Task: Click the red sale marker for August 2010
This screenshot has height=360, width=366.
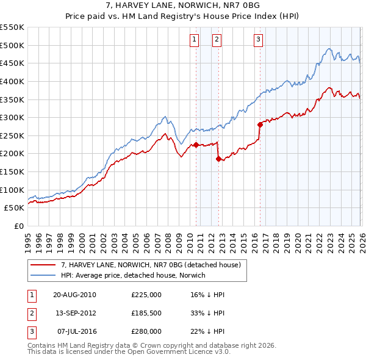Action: tap(196, 145)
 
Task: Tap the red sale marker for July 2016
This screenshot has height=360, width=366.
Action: tap(260, 124)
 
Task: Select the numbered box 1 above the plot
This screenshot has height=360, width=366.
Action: tap(194, 40)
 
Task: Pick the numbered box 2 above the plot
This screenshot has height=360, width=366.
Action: tap(217, 40)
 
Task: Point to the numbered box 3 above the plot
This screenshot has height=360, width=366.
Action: tap(258, 40)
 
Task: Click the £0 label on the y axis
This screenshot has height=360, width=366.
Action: tap(18, 226)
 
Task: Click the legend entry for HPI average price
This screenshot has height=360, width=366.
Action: tap(133, 275)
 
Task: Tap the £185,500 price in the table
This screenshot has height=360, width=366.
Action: tap(146, 313)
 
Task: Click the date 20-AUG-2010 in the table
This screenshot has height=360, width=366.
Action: tap(74, 294)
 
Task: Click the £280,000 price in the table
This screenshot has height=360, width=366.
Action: tap(146, 331)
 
